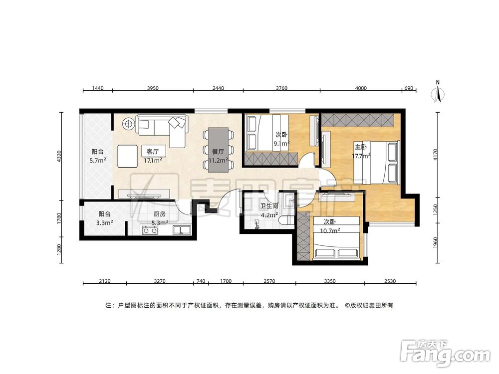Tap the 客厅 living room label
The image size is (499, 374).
click(x=152, y=152)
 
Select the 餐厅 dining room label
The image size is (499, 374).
click(x=218, y=152)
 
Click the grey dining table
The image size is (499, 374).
click(x=219, y=150)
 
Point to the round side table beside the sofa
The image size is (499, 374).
click(x=129, y=123)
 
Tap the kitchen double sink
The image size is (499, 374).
click(x=182, y=230)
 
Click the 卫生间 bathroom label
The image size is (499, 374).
click(x=269, y=206)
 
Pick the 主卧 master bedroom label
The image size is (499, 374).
click(x=361, y=147)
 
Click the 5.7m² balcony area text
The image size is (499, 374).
click(x=98, y=161)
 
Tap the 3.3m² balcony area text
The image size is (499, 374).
click(x=105, y=223)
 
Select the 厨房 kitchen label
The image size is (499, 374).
click(x=159, y=214)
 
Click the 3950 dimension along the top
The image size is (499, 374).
click(x=152, y=88)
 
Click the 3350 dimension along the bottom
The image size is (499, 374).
click(x=330, y=281)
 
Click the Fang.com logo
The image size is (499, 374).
click(x=445, y=354)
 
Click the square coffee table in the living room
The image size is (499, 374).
click(x=128, y=156)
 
